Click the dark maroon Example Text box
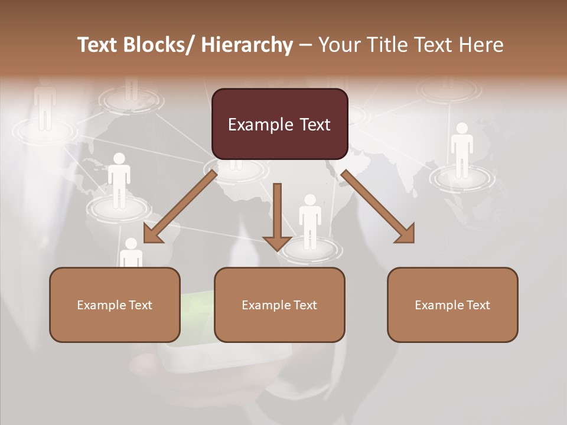pos(279,124)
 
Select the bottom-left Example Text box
pos(115,305)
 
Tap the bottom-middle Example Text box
pos(279,305)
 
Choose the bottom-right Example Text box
pos(452,305)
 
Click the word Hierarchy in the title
pos(247,45)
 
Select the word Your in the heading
pos(340,45)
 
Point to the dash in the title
pos(305,45)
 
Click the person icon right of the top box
pos(462,150)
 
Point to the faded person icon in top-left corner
pos(45,107)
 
